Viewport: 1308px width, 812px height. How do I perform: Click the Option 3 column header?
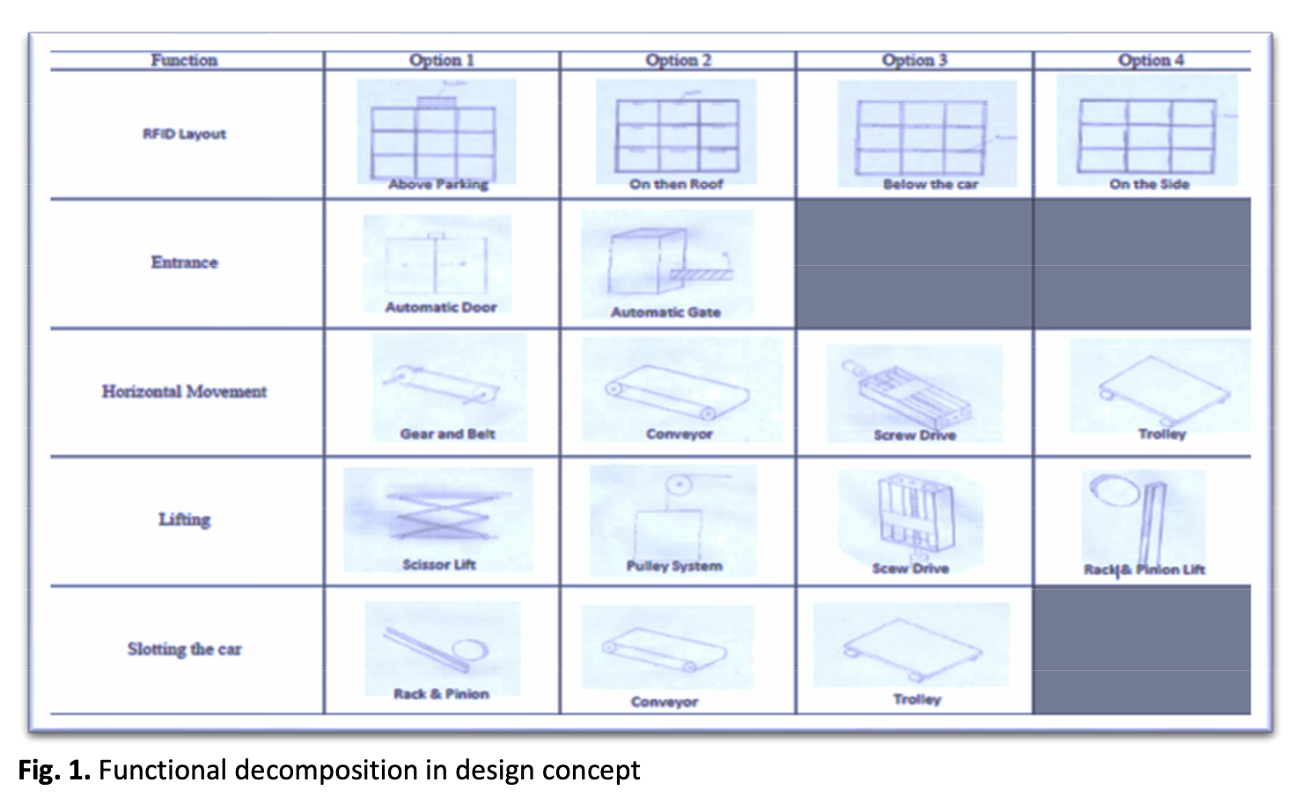click(x=915, y=60)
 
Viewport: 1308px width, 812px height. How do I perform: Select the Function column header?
click(x=185, y=60)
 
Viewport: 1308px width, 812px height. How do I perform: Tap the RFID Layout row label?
click(x=185, y=134)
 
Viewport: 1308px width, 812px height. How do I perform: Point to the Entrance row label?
click(x=185, y=262)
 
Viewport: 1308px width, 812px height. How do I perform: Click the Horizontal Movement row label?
click(x=185, y=391)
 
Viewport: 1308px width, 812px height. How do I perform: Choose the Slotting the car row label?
click(x=185, y=649)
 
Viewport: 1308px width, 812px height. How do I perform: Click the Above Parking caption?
click(x=438, y=185)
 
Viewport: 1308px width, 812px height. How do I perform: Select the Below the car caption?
click(x=930, y=185)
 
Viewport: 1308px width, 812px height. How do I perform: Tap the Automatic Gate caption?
click(x=665, y=313)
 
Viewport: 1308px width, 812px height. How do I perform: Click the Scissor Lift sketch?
click(x=444, y=514)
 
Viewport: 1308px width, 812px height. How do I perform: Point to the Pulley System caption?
click(x=674, y=566)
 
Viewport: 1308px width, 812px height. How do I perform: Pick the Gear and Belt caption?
click(x=447, y=434)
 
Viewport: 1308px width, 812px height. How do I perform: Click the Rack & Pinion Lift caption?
click(x=1144, y=570)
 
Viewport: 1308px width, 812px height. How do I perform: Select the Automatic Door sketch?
click(x=437, y=264)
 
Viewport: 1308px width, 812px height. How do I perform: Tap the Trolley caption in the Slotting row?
click(x=917, y=699)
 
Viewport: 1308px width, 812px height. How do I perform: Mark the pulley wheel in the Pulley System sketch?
click(x=679, y=485)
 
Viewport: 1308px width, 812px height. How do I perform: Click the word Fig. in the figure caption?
click(x=40, y=771)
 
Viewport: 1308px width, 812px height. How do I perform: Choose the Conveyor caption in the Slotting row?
click(x=665, y=702)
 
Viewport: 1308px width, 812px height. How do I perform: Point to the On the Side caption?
click(x=1150, y=185)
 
